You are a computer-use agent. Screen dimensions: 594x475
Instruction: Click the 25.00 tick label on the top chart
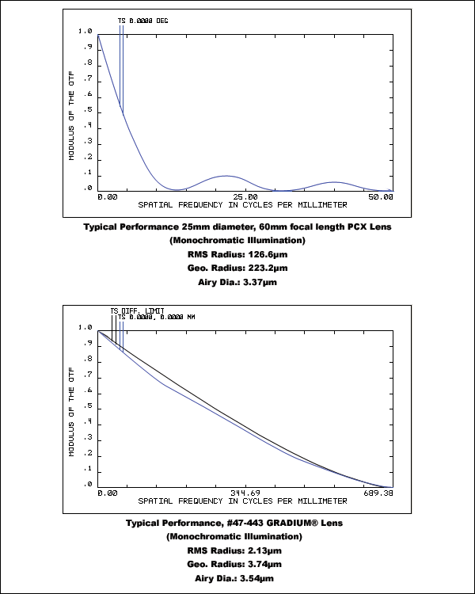coord(245,196)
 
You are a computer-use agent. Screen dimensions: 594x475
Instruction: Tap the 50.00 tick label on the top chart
coord(382,196)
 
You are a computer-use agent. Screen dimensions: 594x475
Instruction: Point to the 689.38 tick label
coord(379,493)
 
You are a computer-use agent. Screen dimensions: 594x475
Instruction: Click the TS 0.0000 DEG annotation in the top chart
coord(142,21)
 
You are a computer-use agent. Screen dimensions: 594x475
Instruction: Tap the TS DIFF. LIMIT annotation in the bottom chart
coord(137,310)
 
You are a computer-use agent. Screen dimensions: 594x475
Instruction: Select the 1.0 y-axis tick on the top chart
coord(85,32)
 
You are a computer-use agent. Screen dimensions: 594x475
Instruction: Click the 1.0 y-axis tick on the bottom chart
coord(85,327)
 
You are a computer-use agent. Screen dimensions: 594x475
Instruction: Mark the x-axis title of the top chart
coord(243,204)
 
